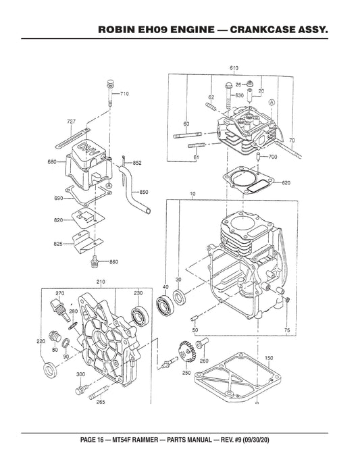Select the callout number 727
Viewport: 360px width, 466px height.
tap(71, 121)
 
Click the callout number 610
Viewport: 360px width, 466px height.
tap(234, 68)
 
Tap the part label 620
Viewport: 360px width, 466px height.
tap(286, 183)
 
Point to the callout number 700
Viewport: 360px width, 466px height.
tap(273, 157)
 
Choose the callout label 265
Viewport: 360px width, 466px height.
tap(101, 403)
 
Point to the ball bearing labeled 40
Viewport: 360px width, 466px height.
tap(164, 305)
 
